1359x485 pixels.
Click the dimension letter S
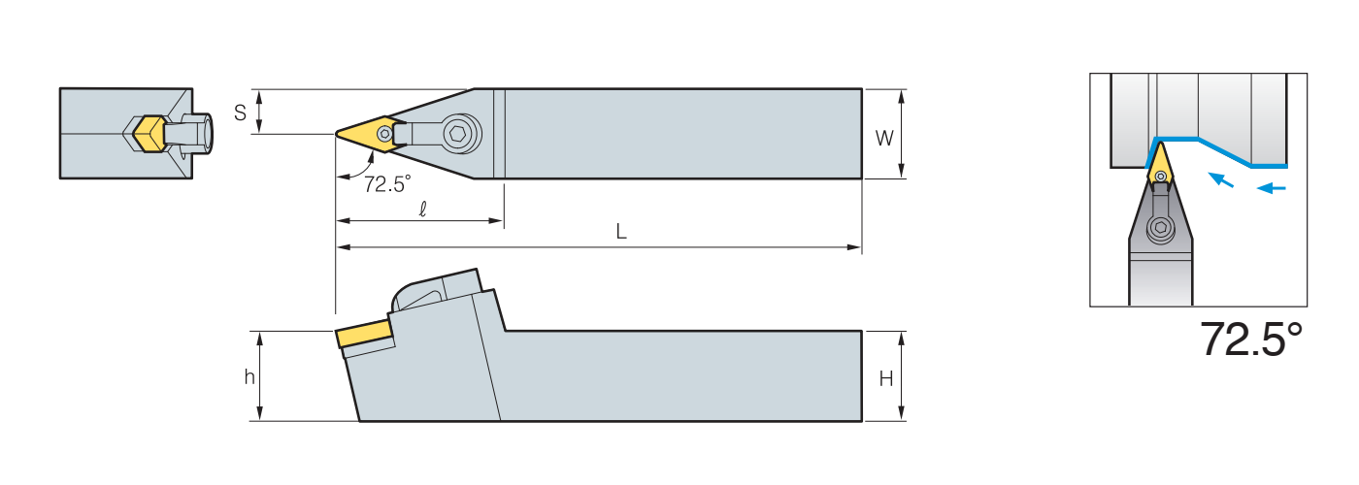(241, 113)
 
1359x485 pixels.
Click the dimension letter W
(884, 139)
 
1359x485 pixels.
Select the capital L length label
(621, 232)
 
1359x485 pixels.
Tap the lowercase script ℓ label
(423, 210)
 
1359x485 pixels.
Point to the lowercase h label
(249, 377)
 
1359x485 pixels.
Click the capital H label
(885, 379)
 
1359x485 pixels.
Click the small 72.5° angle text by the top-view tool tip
(387, 184)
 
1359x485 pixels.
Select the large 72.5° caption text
(1251, 339)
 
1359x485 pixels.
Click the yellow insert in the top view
(370, 133)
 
